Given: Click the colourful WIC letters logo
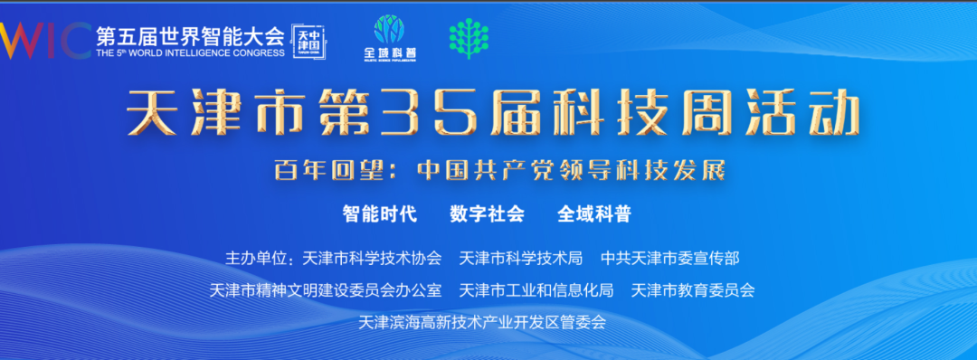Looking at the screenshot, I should [43, 38].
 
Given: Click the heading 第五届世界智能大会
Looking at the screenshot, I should [189, 36].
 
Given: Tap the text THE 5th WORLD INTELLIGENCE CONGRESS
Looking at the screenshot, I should [189, 52].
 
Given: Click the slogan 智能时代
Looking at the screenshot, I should [379, 214].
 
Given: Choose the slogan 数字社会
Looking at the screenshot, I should [487, 214].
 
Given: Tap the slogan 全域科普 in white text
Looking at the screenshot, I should [594, 214].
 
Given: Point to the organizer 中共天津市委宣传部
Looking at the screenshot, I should [670, 259].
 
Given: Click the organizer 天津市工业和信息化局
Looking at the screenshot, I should [536, 290].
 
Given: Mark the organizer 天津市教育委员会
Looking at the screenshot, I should [693, 290].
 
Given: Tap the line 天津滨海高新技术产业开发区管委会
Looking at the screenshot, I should [482, 322].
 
